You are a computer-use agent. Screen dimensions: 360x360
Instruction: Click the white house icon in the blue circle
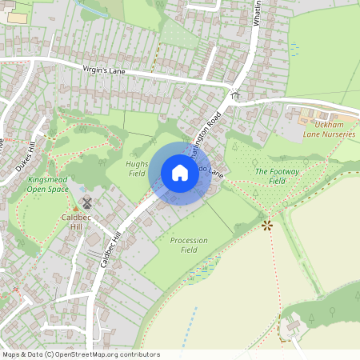point(180,173)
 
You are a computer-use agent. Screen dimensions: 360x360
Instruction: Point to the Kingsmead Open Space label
point(46,186)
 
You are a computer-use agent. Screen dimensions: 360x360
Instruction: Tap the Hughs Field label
point(137,168)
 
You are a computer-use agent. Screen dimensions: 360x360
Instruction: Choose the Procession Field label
point(190,245)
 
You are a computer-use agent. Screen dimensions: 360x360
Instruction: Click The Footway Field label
point(270,176)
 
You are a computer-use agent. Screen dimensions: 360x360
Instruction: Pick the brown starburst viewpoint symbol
point(266,226)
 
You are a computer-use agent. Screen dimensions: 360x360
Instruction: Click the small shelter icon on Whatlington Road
point(234,95)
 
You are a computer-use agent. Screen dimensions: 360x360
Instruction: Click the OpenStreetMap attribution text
point(70,354)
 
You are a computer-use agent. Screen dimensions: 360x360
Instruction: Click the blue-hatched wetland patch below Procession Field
point(202,271)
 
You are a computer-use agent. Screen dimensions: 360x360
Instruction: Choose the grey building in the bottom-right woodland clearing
point(289,326)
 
